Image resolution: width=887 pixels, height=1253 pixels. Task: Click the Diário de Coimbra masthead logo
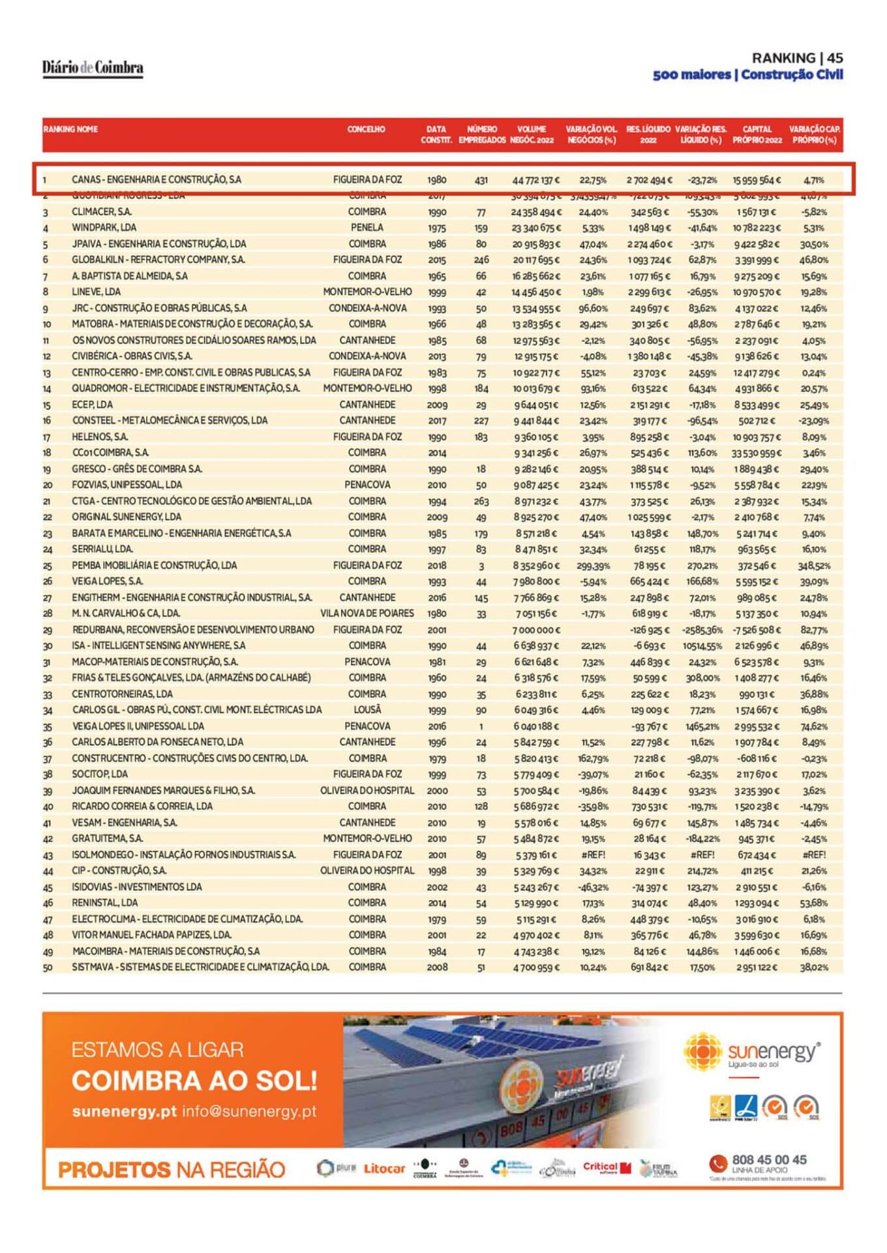[x=93, y=68]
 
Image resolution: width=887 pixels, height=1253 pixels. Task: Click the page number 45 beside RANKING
[x=835, y=58]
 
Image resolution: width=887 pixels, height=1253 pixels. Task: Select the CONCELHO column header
[x=366, y=129]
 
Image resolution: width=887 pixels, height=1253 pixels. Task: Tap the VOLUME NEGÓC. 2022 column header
[x=532, y=134]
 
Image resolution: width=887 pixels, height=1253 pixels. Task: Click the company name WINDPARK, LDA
[x=104, y=228]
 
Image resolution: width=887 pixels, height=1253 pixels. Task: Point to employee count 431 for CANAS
[x=481, y=180]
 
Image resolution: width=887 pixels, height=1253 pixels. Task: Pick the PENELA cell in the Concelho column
[x=367, y=228]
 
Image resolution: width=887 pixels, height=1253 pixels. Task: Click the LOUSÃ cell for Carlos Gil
[x=367, y=710]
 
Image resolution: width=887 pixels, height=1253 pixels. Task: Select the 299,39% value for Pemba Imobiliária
[x=593, y=566]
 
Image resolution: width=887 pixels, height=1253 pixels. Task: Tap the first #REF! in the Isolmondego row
[x=593, y=855]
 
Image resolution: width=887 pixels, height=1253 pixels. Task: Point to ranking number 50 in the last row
[x=48, y=968]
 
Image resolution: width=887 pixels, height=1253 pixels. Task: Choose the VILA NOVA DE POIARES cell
[x=367, y=613]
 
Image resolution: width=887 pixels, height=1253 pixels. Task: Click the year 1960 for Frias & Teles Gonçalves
[x=437, y=678]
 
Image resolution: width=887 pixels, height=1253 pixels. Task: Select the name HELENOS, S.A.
[x=100, y=437]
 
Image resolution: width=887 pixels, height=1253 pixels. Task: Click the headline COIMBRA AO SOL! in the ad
[x=194, y=1081]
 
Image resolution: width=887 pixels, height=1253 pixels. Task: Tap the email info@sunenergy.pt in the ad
[x=249, y=1111]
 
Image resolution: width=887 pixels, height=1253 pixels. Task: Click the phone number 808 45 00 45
[x=769, y=1160]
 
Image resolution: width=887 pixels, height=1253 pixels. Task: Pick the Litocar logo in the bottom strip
[x=384, y=1168]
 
